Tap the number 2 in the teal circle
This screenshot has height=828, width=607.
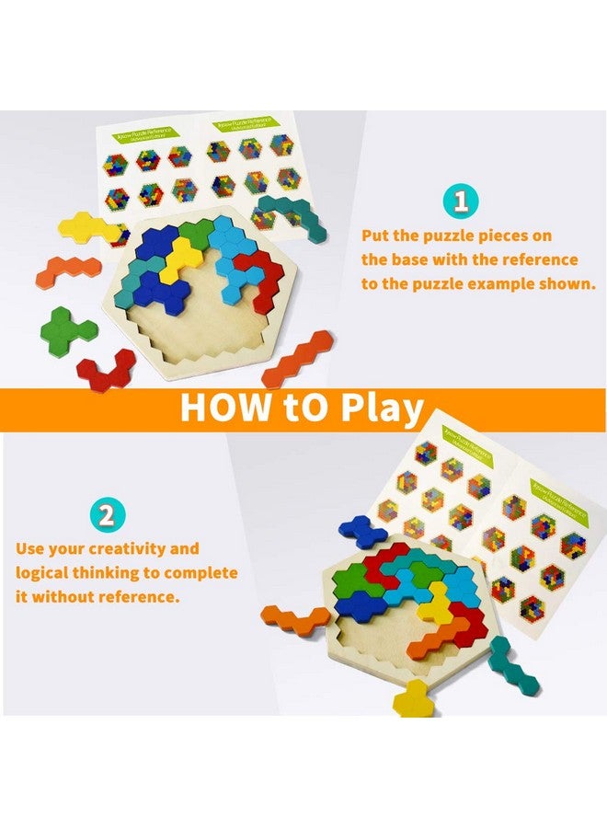(x=106, y=514)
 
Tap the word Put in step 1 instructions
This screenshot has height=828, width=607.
(x=378, y=236)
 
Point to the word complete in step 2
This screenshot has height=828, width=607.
(x=203, y=573)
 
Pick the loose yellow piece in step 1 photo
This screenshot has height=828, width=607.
(x=82, y=226)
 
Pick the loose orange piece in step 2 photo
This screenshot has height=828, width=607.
(x=294, y=619)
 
